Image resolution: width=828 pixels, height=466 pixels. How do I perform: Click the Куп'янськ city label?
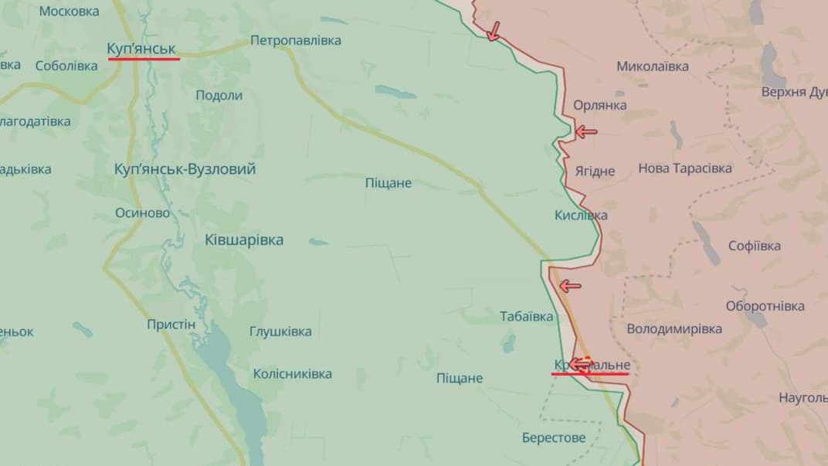(x=143, y=49)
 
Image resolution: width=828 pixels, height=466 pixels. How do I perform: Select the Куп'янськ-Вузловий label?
(x=185, y=168)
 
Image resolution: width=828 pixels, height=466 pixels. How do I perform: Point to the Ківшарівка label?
(x=244, y=240)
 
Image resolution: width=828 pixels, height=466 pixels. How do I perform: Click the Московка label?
(x=69, y=11)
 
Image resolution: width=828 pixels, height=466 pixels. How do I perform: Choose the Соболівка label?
(x=66, y=66)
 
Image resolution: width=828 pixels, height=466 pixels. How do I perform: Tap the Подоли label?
(x=219, y=95)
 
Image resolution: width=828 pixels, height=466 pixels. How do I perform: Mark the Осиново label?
(x=142, y=213)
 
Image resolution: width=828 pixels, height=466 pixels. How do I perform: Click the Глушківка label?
(x=280, y=332)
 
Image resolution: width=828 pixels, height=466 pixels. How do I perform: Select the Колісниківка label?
(x=292, y=374)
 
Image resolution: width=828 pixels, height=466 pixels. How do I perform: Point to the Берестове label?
(x=553, y=437)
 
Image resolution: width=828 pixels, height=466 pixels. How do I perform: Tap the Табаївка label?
(x=527, y=316)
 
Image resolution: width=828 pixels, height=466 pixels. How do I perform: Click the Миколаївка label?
(x=652, y=66)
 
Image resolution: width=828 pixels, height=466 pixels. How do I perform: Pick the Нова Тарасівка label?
(x=684, y=168)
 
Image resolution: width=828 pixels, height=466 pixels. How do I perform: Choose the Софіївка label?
(x=754, y=246)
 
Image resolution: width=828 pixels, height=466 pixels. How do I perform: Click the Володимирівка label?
(x=674, y=328)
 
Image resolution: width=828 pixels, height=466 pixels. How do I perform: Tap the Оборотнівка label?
(x=765, y=306)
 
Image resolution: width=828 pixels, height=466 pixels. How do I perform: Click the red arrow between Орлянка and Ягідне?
(x=586, y=131)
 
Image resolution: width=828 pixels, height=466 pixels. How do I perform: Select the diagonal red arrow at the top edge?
(x=493, y=30)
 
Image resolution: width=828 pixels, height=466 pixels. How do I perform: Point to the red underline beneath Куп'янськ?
(x=143, y=58)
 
